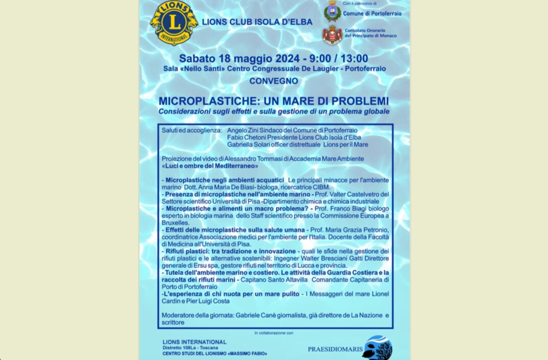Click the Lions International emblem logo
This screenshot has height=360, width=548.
click(173, 23)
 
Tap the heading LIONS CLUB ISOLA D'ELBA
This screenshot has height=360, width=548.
click(257, 22)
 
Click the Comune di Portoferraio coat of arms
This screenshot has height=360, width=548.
click(333, 12)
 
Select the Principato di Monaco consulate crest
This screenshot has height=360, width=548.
click(333, 35)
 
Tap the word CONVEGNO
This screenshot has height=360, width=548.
click(273, 81)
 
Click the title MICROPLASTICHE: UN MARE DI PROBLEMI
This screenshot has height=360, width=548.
click(273, 101)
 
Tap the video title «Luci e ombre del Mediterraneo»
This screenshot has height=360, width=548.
click(210, 166)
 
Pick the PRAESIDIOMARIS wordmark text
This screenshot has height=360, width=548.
click(335, 349)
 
